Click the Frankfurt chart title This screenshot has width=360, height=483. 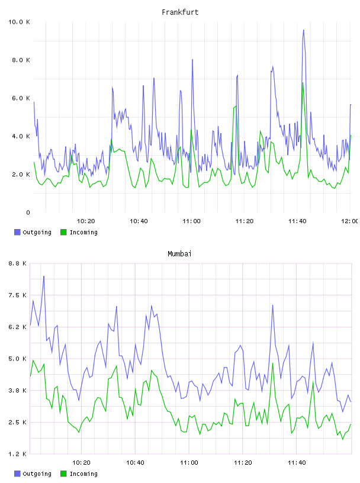[180, 12]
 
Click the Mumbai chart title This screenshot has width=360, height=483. [179, 253]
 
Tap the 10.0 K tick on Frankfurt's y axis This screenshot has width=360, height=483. [19, 22]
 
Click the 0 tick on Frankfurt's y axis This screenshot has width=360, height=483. [28, 212]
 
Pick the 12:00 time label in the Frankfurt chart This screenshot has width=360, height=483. [350, 221]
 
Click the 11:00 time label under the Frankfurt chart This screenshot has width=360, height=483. [191, 221]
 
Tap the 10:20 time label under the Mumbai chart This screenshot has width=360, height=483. [81, 462]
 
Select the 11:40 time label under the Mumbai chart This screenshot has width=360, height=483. [297, 462]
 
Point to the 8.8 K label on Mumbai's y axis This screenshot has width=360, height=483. [18, 263]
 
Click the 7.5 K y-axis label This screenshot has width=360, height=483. [18, 295]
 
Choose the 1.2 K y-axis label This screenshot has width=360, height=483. [18, 454]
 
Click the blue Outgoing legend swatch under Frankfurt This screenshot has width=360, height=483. [17, 232]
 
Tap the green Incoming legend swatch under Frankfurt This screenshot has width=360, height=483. [63, 232]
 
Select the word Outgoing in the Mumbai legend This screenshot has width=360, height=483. [37, 474]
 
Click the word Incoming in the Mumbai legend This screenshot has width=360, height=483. [83, 474]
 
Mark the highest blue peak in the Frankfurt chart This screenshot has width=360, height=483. [304, 30]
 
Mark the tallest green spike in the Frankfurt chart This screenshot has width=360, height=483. [303, 82]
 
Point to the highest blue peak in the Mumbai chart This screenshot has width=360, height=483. [44, 276]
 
